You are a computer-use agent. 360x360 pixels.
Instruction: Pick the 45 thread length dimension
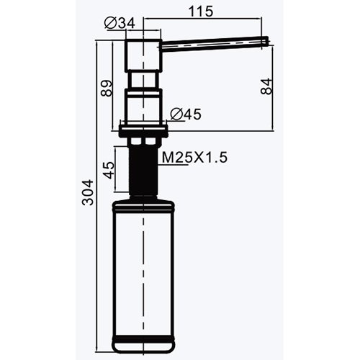[x=108, y=172]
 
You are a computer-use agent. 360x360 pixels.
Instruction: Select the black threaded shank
[x=145, y=168]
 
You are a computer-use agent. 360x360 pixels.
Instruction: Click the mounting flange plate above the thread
[x=145, y=130]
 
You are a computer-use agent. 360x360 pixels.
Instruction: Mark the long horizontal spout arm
[x=216, y=44]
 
